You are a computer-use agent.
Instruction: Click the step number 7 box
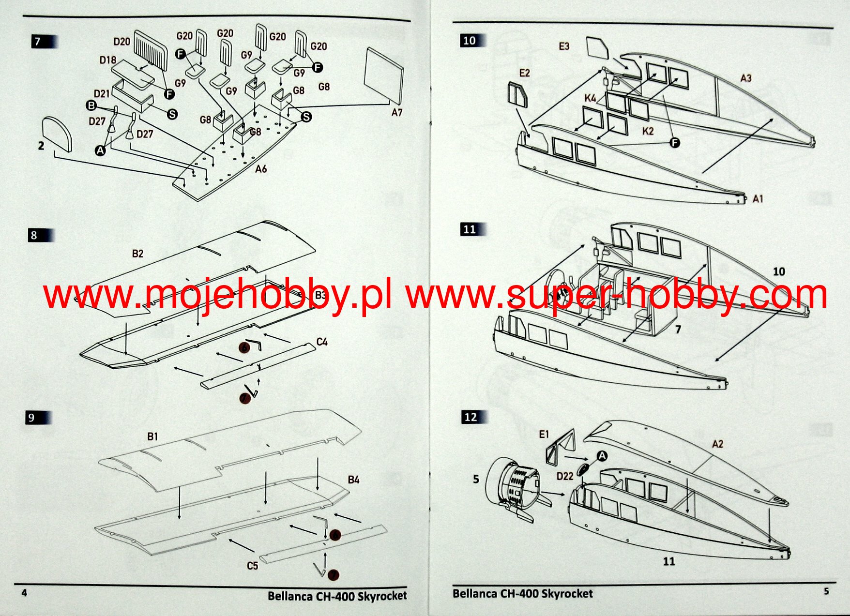(38, 42)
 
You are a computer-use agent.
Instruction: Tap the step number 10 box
(469, 41)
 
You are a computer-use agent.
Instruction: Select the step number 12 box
(470, 417)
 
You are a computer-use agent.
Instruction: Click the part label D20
(121, 42)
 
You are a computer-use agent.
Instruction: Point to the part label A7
(396, 112)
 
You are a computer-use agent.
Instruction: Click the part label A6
(261, 169)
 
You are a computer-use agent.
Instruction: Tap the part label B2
(137, 254)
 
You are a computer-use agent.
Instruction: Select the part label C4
(322, 342)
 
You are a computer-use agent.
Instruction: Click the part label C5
(252, 566)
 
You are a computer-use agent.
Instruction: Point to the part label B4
(353, 480)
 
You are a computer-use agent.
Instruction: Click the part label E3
(564, 46)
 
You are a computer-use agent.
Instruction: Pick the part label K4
(590, 98)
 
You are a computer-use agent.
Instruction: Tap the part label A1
(758, 199)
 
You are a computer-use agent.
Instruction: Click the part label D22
(564, 476)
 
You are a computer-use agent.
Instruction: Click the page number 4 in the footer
(25, 593)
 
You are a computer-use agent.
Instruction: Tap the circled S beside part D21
(172, 114)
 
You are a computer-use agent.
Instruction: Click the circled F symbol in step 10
(674, 142)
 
